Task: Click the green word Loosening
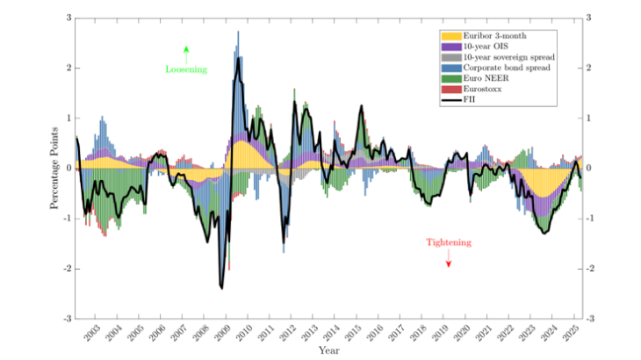tap(185, 68)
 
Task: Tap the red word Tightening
tap(449, 242)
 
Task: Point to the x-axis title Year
tap(329, 351)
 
